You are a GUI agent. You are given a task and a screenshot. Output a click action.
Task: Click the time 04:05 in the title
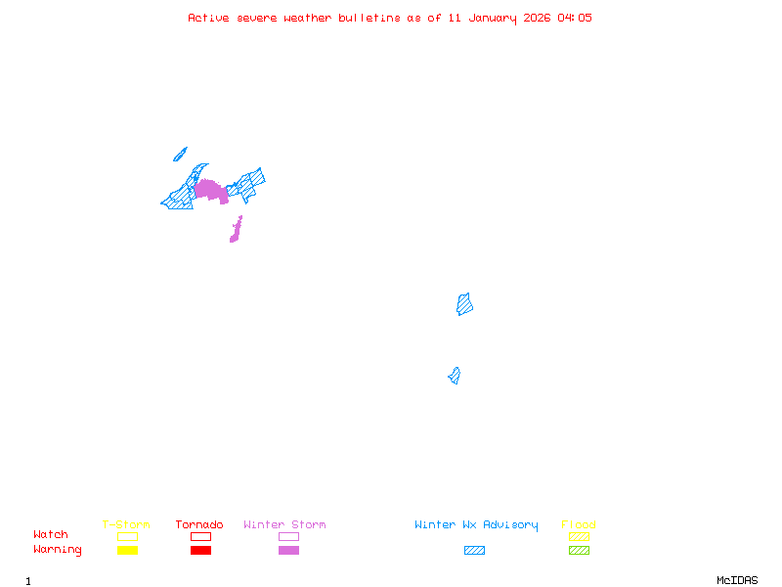[575, 18]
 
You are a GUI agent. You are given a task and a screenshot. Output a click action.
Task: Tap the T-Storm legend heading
[126, 525]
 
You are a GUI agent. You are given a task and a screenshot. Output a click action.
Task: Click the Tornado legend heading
[199, 525]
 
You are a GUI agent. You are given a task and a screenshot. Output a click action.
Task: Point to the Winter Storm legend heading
[284, 525]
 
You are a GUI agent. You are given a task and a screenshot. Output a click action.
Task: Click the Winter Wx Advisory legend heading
[476, 525]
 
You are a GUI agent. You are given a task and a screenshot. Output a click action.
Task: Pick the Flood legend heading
[579, 525]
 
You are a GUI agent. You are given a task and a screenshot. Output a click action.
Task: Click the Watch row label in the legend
[51, 535]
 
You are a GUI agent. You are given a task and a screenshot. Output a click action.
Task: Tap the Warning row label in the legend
[58, 550]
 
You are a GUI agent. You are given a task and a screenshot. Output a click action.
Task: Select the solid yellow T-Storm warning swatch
[127, 551]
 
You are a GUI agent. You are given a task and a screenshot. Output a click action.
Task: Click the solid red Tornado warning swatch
[200, 551]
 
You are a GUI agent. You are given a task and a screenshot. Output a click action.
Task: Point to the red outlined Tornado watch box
[200, 536]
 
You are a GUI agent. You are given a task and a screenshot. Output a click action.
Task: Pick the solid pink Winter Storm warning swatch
[288, 551]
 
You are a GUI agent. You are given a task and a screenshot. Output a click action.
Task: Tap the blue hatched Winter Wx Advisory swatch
[474, 551]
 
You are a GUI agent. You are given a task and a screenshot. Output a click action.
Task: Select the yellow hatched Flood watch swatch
[579, 536]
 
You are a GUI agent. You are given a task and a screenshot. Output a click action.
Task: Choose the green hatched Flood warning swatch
[579, 551]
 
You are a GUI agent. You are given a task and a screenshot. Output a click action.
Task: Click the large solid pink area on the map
[210, 190]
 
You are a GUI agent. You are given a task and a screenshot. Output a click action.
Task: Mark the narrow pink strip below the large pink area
[236, 231]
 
